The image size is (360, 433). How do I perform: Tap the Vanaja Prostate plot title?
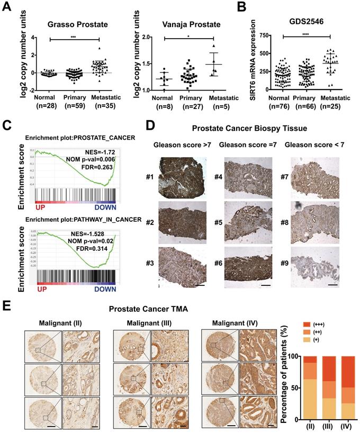click(x=191, y=24)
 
